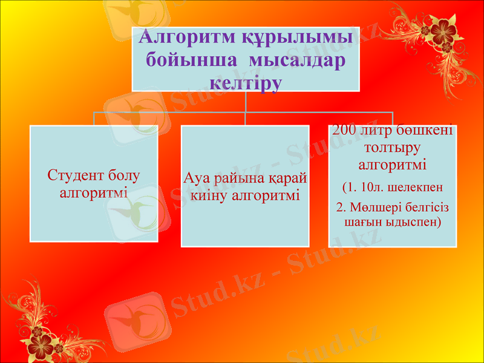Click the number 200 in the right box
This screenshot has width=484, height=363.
[344, 131]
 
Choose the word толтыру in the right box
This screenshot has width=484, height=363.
[393, 147]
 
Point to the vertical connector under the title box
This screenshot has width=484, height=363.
[245, 101]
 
